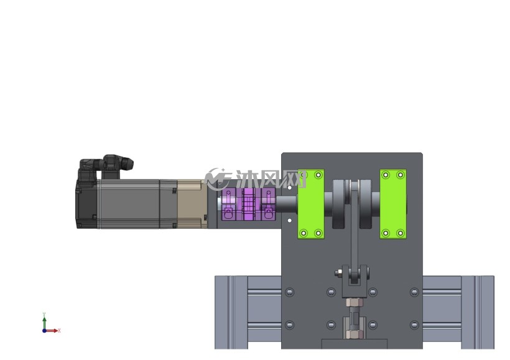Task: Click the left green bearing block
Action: pos(311,204)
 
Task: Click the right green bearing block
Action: pos(393,204)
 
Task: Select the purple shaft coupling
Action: pos(249,204)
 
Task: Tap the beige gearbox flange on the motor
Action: pos(192,204)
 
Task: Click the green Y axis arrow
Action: pos(44,321)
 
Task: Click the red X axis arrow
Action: pos(52,331)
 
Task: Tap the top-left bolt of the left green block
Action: pos(304,175)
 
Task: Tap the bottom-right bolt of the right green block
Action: pos(401,233)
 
